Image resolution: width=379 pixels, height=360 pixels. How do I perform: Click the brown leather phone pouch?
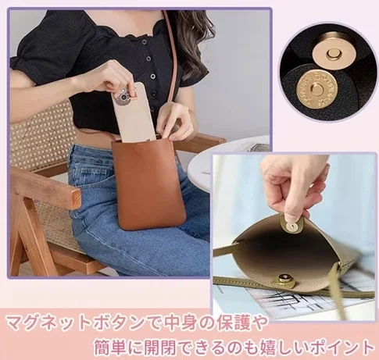148,185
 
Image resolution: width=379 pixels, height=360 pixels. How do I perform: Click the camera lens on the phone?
123,98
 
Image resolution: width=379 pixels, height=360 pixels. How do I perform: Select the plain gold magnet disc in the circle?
332,54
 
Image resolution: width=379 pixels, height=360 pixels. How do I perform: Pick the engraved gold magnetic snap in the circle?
316,89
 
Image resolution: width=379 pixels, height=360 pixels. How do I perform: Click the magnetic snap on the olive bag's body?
284,279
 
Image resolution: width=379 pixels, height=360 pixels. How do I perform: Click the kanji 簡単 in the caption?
111,347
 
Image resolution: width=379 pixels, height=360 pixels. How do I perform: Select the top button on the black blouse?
144,41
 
